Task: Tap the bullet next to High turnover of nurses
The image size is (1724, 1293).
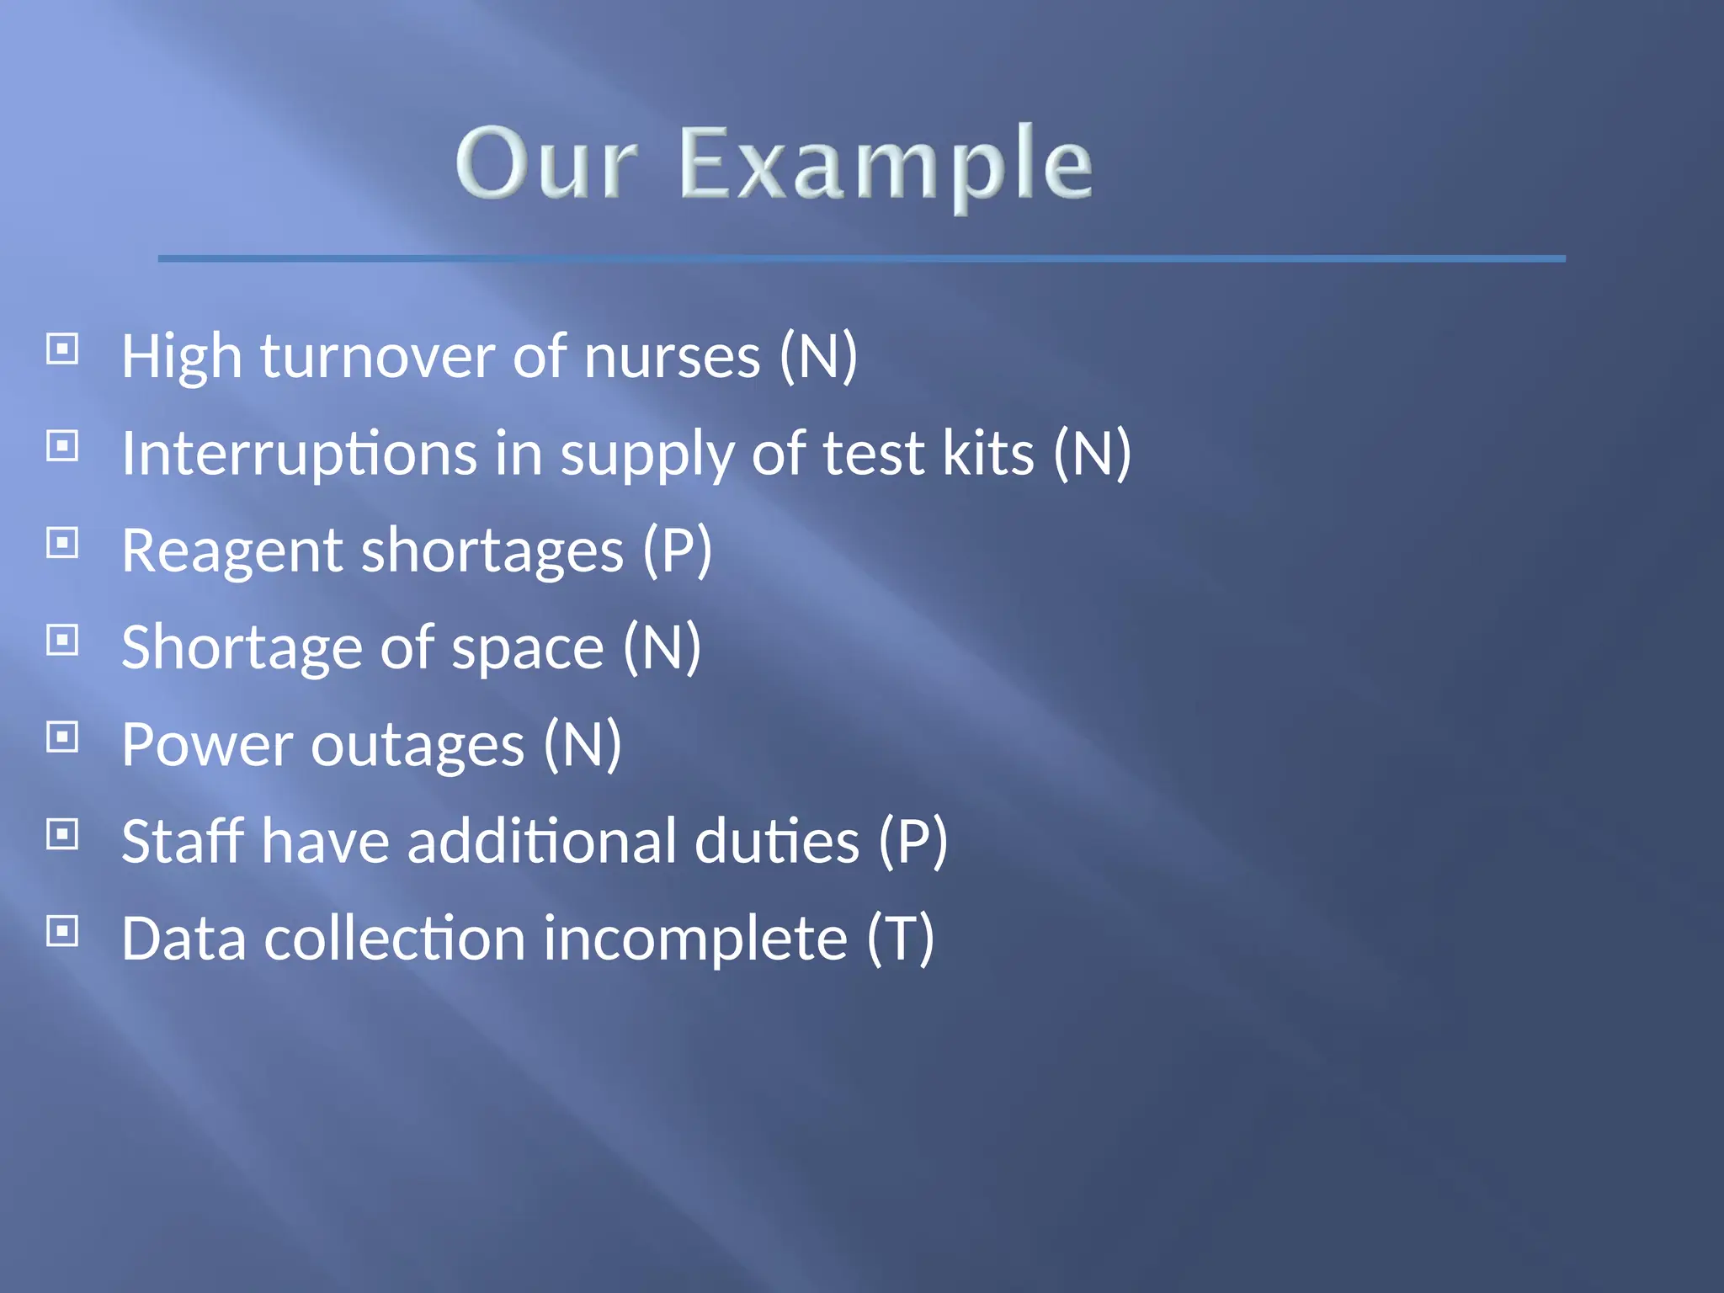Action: pyautogui.click(x=62, y=349)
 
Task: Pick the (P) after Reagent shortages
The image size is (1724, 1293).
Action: pyautogui.click(x=677, y=551)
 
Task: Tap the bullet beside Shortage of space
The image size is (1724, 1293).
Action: pyautogui.click(x=62, y=640)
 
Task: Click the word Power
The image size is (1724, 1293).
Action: pyautogui.click(x=206, y=745)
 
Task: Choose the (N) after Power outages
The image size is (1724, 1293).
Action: pyautogui.click(x=582, y=745)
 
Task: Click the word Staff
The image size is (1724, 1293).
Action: pyautogui.click(x=183, y=841)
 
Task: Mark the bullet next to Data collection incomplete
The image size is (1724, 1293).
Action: pyautogui.click(x=62, y=931)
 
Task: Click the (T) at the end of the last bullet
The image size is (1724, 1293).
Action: pyautogui.click(x=901, y=939)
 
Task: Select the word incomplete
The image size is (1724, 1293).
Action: pyautogui.click(x=694, y=939)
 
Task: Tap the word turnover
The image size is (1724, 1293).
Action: pyautogui.click(x=376, y=357)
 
